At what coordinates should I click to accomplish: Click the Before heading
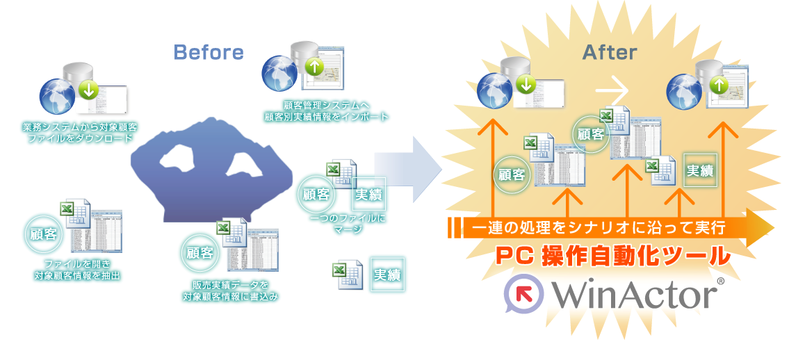pyautogui.click(x=209, y=52)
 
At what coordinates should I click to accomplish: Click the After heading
pyautogui.click(x=609, y=52)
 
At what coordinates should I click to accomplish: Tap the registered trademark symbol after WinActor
pyautogui.click(x=720, y=281)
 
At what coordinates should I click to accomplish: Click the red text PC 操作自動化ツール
pyautogui.click(x=612, y=256)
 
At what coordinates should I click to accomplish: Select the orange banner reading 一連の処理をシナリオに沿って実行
pyautogui.click(x=598, y=227)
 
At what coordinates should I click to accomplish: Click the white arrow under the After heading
pyautogui.click(x=612, y=90)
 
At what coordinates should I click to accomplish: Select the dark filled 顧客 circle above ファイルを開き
pyautogui.click(x=44, y=234)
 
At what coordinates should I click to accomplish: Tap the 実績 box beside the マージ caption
pyautogui.click(x=368, y=195)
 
